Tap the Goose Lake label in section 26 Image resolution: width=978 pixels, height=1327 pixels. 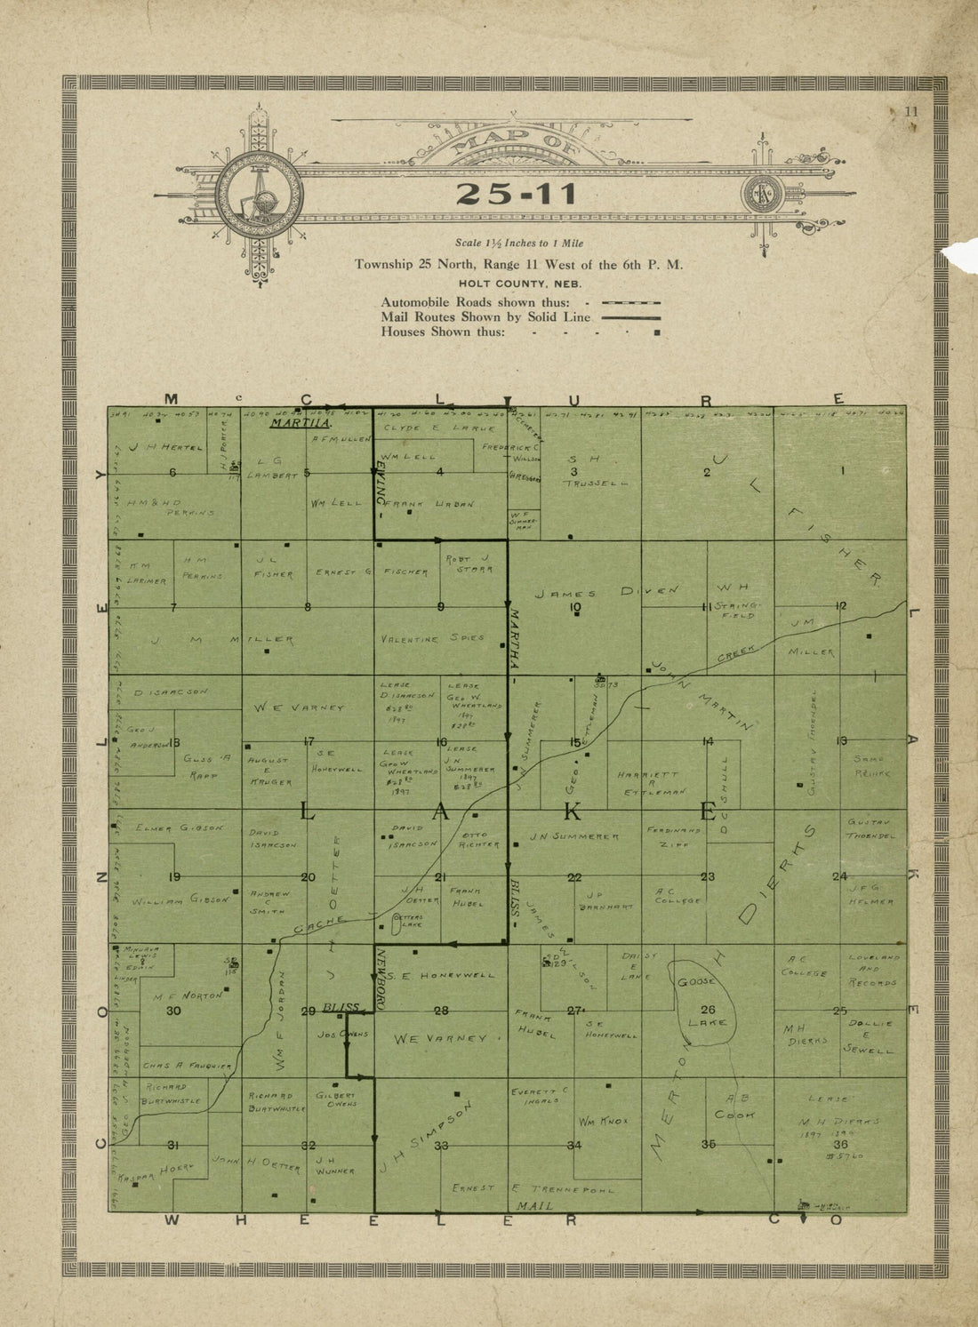708,1002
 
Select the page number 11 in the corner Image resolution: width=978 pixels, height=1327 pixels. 910,112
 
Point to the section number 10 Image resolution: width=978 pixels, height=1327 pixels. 575,608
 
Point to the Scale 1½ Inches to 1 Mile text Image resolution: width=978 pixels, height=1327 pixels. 519,243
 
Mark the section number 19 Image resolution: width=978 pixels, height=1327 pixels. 174,877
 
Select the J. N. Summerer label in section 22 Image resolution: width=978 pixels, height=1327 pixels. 574,836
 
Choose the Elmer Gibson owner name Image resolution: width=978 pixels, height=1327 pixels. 179,827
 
